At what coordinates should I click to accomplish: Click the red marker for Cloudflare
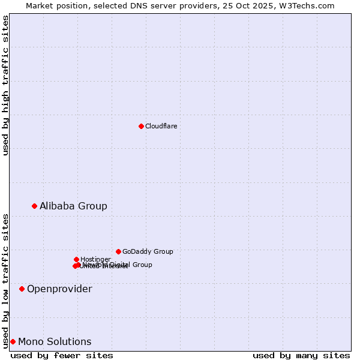click(141, 126)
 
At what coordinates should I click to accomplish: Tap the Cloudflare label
click(161, 126)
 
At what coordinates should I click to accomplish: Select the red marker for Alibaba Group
click(34, 206)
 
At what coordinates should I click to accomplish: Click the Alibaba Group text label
click(73, 206)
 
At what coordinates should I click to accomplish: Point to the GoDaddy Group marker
click(118, 251)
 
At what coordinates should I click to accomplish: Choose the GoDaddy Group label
click(148, 251)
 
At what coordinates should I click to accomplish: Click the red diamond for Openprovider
click(22, 289)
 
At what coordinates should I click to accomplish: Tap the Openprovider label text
click(59, 289)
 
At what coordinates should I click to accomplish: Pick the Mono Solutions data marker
click(13, 341)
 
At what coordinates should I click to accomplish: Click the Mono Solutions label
click(55, 341)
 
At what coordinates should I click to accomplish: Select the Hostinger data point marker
click(76, 259)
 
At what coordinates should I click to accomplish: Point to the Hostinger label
click(95, 259)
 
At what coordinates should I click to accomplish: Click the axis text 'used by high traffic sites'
click(6, 85)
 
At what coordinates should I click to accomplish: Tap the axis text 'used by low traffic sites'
click(6, 280)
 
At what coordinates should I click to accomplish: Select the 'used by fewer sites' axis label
click(62, 355)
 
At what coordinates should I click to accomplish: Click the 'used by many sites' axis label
click(301, 355)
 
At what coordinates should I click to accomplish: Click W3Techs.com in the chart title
click(310, 5)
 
